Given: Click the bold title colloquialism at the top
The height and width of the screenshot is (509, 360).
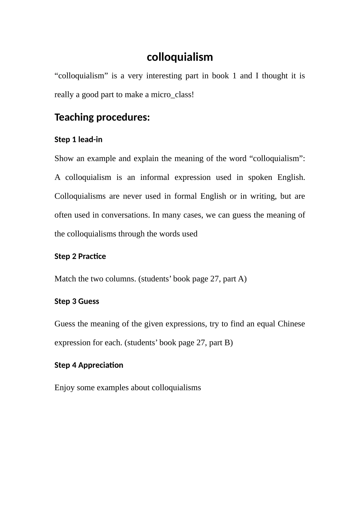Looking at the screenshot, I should (180, 57).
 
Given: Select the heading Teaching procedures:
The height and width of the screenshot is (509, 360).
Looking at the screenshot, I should (102, 117).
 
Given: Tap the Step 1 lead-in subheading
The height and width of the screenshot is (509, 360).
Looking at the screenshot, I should (78, 140).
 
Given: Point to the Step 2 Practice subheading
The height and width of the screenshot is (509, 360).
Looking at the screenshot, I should (80, 256).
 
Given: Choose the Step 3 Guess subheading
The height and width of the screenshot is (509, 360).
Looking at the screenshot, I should (77, 301).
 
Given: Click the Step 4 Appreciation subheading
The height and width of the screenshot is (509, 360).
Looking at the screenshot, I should (89, 365).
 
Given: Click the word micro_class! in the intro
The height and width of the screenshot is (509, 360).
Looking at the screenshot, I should (172, 95).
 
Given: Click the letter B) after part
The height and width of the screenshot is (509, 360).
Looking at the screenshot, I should (229, 343).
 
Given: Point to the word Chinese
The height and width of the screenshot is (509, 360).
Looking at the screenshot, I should (291, 324).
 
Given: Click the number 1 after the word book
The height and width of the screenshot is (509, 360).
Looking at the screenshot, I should (234, 76).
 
